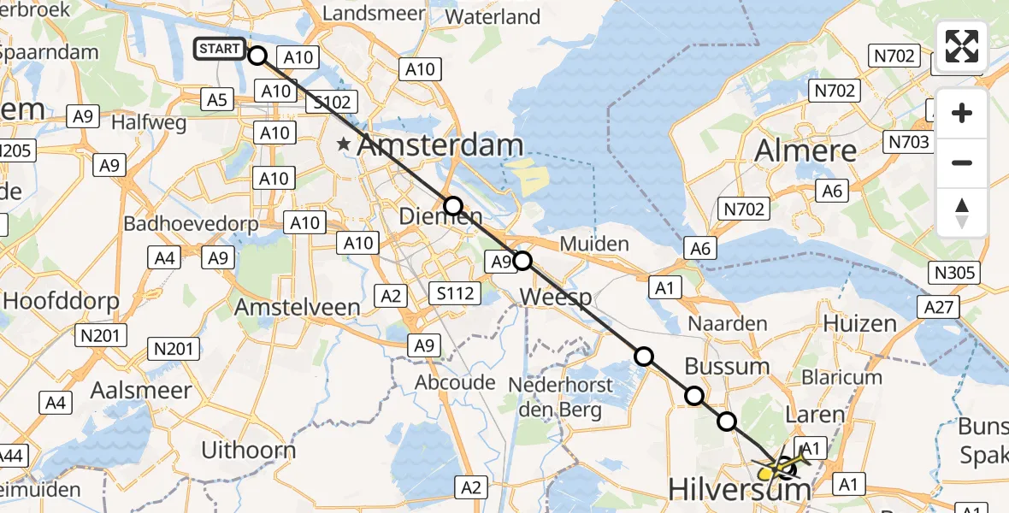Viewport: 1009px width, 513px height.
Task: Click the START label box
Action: pyautogui.click(x=219, y=49)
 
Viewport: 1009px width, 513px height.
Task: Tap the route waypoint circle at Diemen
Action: pyautogui.click(x=453, y=206)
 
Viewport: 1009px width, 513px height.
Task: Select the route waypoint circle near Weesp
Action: pyautogui.click(x=522, y=261)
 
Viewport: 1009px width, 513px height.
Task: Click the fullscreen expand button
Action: pyautogui.click(x=962, y=46)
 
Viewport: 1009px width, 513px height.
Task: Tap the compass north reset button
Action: pyautogui.click(x=962, y=213)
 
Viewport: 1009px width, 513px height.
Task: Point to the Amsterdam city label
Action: pyautogui.click(x=440, y=145)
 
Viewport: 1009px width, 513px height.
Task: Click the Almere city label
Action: pyautogui.click(x=805, y=151)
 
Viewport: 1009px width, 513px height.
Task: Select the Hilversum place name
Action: pyautogui.click(x=739, y=490)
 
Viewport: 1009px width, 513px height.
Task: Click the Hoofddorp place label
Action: pyautogui.click(x=62, y=301)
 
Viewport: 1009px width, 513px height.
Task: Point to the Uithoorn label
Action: pyautogui.click(x=249, y=450)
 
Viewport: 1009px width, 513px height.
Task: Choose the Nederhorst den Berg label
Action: pyautogui.click(x=561, y=397)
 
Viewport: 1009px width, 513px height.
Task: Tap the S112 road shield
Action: pyautogui.click(x=453, y=294)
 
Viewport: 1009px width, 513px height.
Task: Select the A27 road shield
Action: pyautogui.click(x=940, y=307)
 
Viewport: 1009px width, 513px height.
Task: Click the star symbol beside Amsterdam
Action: pyautogui.click(x=344, y=144)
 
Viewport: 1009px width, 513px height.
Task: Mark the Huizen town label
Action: pyautogui.click(x=859, y=323)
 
